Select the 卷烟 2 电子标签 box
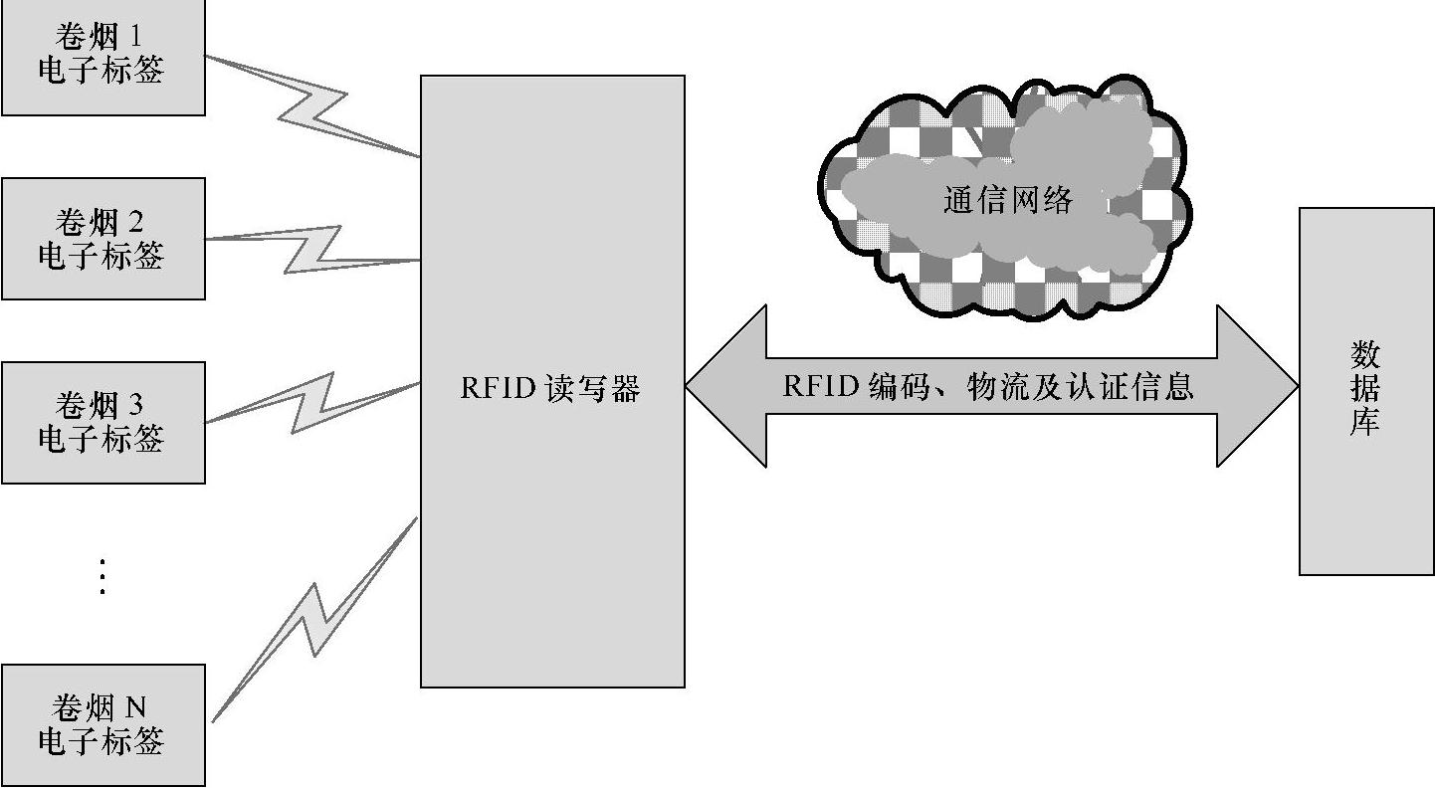click(x=102, y=239)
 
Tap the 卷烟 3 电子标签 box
click(x=102, y=422)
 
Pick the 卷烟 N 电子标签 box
click(x=102, y=724)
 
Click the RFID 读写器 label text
click(x=549, y=388)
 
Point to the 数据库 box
click(x=1365, y=390)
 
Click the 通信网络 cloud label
click(x=1007, y=201)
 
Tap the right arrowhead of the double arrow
click(x=1256, y=386)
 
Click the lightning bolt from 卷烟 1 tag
click(x=310, y=105)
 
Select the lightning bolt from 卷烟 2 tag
click(x=310, y=249)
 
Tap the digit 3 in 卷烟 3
click(x=135, y=405)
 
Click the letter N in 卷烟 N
click(x=135, y=708)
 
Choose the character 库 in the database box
click(x=1365, y=422)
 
